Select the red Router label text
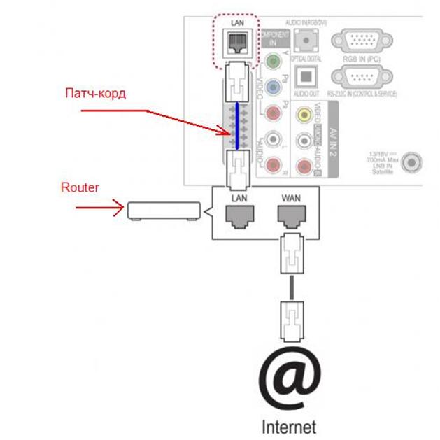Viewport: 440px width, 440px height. (82, 187)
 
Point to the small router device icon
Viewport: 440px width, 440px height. (160, 209)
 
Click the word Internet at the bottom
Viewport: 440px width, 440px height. (288, 425)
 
